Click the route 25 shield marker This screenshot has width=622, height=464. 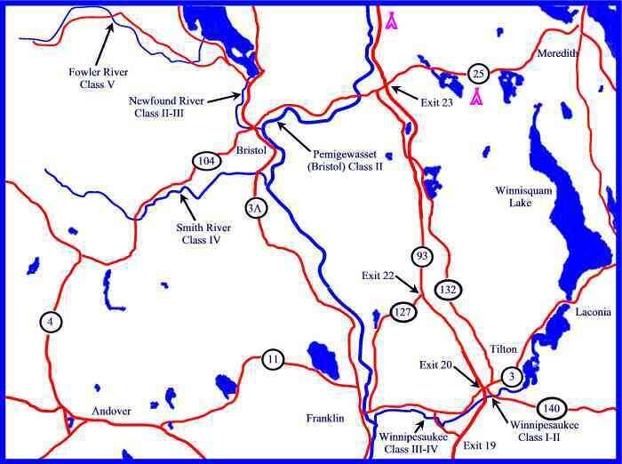click(478, 73)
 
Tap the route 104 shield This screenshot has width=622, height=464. click(205, 161)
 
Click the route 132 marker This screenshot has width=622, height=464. click(446, 290)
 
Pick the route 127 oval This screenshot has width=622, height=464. click(403, 311)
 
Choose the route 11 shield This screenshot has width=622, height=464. click(274, 360)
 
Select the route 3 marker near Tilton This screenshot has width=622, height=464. click(510, 376)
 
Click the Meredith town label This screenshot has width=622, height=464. click(557, 54)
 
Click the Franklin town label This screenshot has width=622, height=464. click(324, 418)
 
